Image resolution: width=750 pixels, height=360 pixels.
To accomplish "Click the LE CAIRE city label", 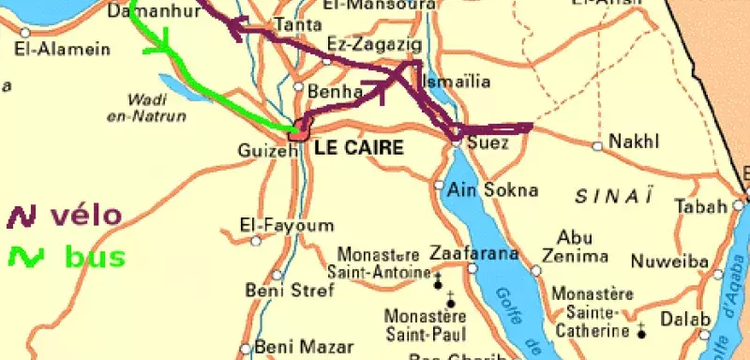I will [358, 148].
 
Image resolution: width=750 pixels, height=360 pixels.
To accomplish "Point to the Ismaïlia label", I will [457, 82].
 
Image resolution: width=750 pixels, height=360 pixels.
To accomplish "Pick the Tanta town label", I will [291, 25].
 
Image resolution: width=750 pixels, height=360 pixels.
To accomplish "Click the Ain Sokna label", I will [493, 189].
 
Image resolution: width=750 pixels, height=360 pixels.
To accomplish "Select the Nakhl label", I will [635, 142].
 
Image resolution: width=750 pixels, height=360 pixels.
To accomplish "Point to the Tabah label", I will [699, 206].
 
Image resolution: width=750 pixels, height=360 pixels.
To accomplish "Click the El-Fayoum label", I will [274, 225].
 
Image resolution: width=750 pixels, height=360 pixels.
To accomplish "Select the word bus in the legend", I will [95, 256].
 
